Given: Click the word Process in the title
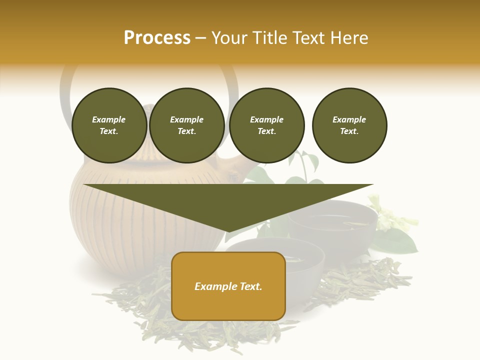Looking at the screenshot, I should click(x=157, y=38).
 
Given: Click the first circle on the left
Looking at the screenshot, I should click(x=109, y=125).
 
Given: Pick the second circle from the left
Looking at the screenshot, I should click(x=186, y=125).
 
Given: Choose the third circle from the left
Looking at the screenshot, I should click(x=266, y=125).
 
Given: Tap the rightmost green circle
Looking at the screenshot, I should click(x=349, y=125).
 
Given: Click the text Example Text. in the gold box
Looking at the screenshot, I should click(x=228, y=286).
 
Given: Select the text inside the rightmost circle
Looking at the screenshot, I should click(x=349, y=125).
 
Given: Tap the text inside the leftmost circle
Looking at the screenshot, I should click(x=109, y=125).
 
